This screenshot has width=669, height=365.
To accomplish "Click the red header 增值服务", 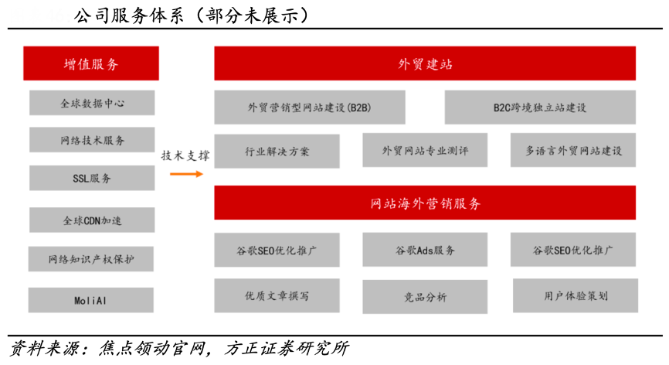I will tap(91, 63).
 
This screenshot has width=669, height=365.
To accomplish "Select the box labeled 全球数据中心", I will tap(92, 103).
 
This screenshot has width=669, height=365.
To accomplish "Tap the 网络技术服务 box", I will tap(92, 140).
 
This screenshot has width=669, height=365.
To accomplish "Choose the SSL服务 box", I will tap(92, 178).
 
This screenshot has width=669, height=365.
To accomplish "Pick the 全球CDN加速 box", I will tap(92, 220).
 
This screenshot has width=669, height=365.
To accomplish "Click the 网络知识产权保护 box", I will tap(92, 259).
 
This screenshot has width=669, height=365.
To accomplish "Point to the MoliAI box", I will tap(92, 300).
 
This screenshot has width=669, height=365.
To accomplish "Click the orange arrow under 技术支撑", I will tap(186, 174).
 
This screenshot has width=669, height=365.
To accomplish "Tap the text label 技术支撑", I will tap(185, 155).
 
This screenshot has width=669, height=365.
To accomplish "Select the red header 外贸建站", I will tap(425, 63).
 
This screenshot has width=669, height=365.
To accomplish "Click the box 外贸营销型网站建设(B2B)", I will tap(310, 107).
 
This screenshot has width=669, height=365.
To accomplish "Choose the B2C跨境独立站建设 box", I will tap(540, 107).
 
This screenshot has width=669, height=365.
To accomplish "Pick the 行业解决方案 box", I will tap(277, 151).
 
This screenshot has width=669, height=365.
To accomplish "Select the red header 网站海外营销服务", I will tap(425, 203).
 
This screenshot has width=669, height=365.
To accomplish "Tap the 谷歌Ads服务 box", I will tap(425, 251).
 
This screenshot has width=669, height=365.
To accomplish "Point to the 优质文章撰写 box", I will tap(277, 296).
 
